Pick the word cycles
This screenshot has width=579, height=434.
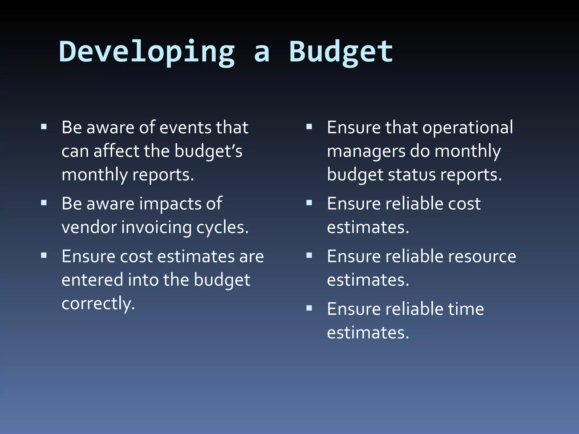coord(222,228)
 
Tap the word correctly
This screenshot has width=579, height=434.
coord(98,304)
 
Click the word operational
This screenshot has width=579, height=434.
coord(468,128)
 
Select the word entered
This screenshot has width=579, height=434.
coord(92,280)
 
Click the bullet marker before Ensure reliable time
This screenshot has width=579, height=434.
coord(309,308)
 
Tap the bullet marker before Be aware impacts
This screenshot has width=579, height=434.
coord(44,203)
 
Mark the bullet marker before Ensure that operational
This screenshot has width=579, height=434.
coord(309,127)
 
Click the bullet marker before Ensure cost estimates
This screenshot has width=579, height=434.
coord(44,255)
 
